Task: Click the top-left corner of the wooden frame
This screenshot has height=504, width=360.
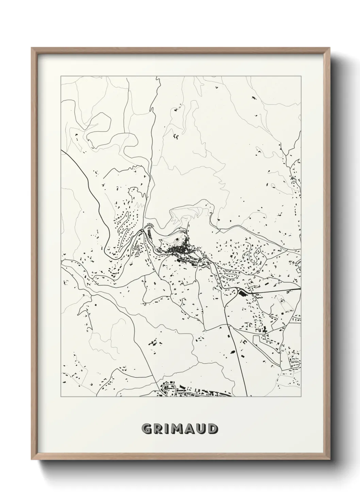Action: click(x=32, y=48)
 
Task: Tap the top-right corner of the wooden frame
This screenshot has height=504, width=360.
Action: click(x=329, y=48)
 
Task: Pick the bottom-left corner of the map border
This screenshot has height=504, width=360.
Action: click(x=61, y=397)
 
